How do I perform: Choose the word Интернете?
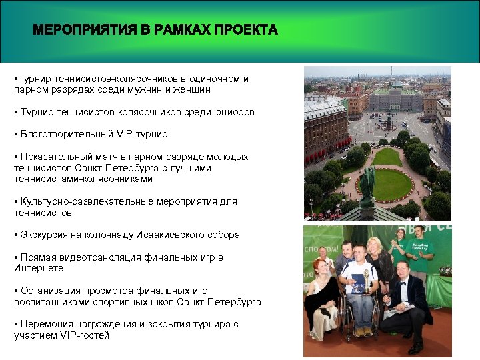point(39,268)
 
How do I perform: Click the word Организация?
point(49,291)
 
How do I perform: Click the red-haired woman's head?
point(321,267)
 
